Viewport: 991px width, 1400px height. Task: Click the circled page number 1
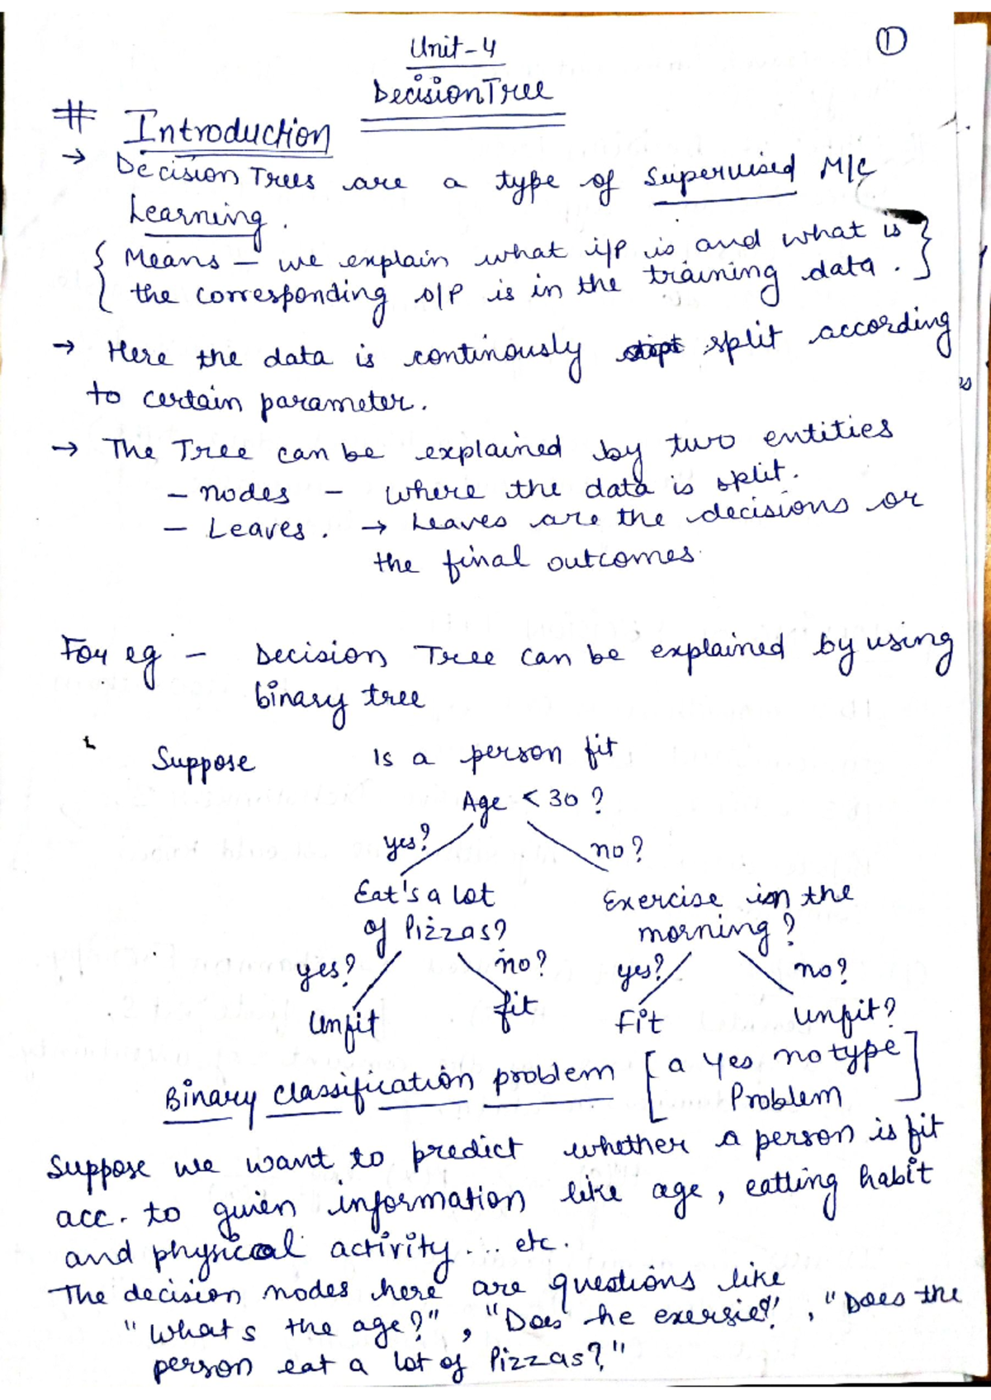[x=890, y=40]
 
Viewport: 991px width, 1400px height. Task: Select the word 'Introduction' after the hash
[x=227, y=131]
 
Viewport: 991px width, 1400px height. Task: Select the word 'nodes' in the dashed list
[x=244, y=494]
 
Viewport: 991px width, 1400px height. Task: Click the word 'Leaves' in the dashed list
[x=256, y=528]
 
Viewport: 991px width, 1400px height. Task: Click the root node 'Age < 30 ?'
[x=532, y=800]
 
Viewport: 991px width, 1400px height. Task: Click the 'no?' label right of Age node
[x=616, y=849]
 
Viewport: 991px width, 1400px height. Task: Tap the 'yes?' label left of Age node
[x=406, y=841]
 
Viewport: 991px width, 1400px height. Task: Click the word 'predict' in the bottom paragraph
[x=467, y=1150]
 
